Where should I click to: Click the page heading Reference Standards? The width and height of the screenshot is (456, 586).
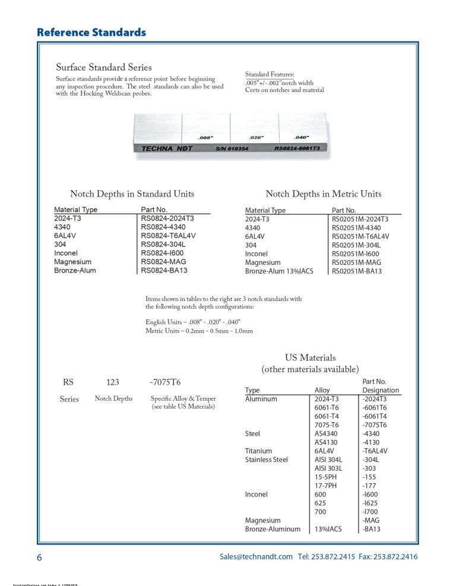pyautogui.click(x=91, y=32)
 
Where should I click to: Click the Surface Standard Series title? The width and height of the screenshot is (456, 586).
pyautogui.click(x=104, y=68)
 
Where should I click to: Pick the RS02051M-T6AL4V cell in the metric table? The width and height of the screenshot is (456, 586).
pyautogui.click(x=360, y=236)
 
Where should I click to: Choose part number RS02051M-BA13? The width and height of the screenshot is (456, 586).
pyautogui.click(x=356, y=271)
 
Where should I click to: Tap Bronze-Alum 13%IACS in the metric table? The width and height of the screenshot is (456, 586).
pyautogui.click(x=279, y=271)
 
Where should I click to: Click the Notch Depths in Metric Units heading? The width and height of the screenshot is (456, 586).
pyautogui.click(x=323, y=194)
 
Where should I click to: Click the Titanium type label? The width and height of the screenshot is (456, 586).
pyautogui.click(x=258, y=451)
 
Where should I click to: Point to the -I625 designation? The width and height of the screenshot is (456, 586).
pyautogui.click(x=372, y=503)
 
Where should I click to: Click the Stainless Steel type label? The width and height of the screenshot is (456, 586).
pyautogui.click(x=267, y=460)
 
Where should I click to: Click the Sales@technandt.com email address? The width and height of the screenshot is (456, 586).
pyautogui.click(x=256, y=557)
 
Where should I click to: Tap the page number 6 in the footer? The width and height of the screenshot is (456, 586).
pyautogui.click(x=39, y=558)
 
